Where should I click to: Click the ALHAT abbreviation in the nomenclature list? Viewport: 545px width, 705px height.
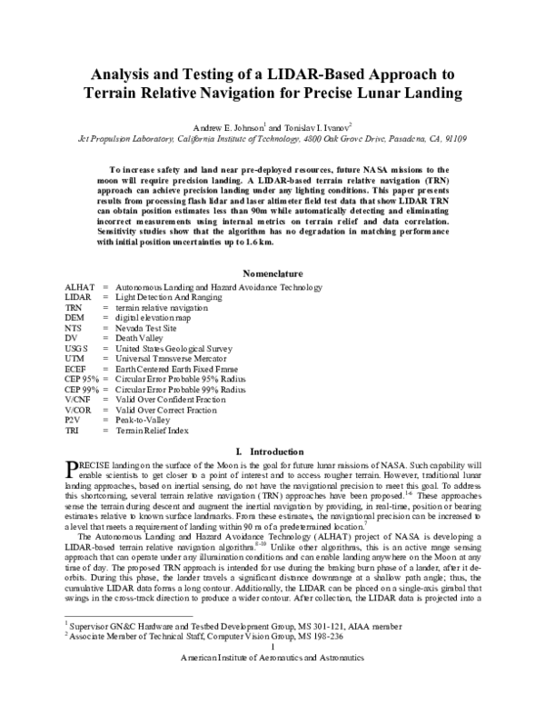[x=80, y=288]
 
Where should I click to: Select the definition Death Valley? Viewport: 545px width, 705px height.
[x=138, y=338]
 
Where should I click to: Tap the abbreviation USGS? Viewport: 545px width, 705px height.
[x=78, y=348]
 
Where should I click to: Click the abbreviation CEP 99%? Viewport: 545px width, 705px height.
[x=83, y=388]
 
